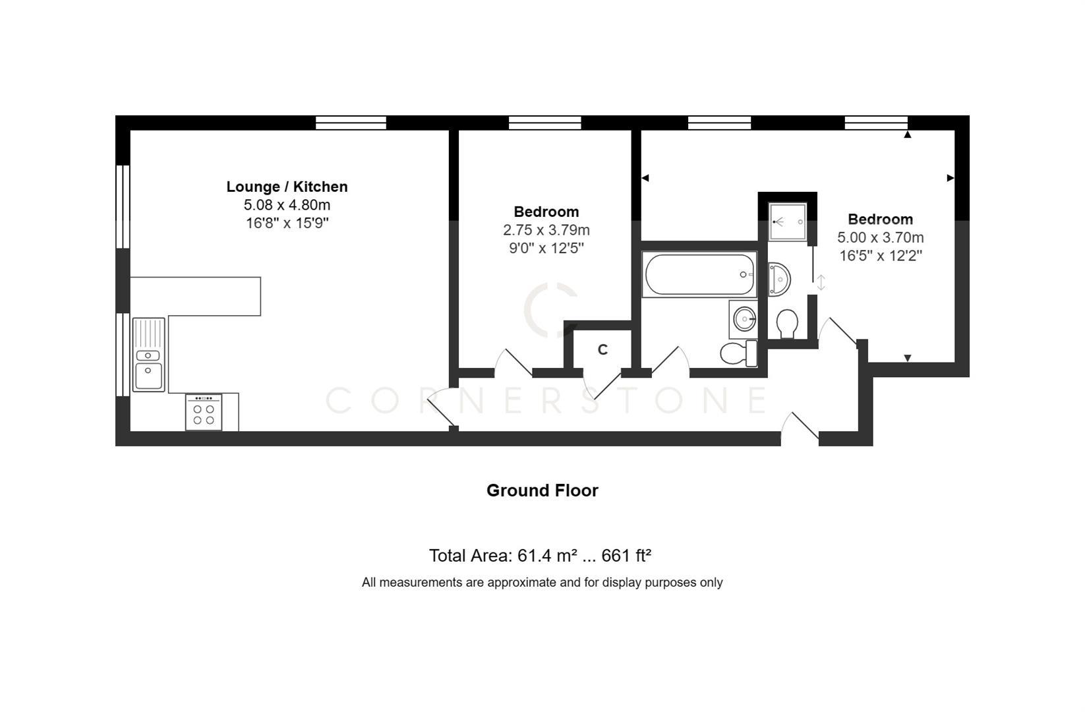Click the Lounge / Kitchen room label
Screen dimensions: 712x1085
(287, 187)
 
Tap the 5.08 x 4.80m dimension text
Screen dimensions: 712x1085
(287, 205)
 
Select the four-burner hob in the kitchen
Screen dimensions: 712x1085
(204, 413)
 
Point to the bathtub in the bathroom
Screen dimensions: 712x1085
(699, 274)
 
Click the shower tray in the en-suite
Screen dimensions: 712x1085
(788, 222)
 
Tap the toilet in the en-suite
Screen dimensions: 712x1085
(787, 324)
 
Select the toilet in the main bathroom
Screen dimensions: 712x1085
(738, 353)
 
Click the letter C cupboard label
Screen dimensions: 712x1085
(602, 350)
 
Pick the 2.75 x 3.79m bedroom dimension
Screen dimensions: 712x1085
(546, 230)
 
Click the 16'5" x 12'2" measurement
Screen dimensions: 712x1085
(880, 256)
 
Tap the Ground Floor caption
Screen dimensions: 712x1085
(542, 490)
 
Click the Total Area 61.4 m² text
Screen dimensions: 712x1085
(540, 556)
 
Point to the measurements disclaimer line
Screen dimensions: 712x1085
(542, 582)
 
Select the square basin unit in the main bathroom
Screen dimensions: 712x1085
(744, 320)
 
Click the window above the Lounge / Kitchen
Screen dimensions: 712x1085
(351, 123)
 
